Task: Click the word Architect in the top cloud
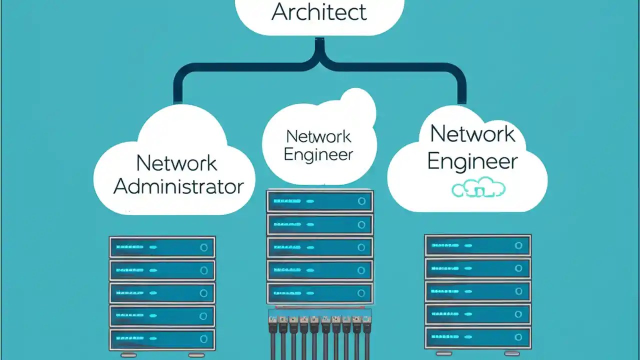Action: point(319,12)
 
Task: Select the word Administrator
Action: point(178,186)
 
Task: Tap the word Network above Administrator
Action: point(176,163)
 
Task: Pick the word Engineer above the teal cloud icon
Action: point(472,161)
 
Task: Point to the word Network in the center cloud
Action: point(318,136)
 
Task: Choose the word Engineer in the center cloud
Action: point(318,154)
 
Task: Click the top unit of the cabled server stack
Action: point(320,201)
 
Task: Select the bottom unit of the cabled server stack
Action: point(320,293)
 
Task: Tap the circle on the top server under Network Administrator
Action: point(203,247)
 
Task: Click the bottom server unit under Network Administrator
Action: point(162,339)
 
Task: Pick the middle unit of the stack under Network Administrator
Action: point(162,293)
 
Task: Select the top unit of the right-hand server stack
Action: point(477,245)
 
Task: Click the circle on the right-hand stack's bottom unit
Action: point(518,337)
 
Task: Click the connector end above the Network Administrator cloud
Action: point(177,100)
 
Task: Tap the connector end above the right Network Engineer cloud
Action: point(462,100)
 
